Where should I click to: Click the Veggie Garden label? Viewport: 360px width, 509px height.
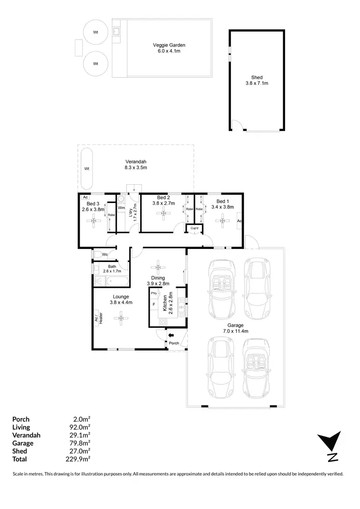tap(166, 48)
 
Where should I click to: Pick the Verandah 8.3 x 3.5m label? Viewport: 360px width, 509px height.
tap(136, 165)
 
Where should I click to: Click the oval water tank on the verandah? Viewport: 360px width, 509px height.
tap(87, 169)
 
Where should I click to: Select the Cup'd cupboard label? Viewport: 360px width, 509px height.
tap(194, 228)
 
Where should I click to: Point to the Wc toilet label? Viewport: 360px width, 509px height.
tap(104, 254)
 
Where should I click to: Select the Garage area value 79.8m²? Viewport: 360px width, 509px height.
tap(81, 443)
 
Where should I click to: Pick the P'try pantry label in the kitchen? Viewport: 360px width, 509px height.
tap(154, 293)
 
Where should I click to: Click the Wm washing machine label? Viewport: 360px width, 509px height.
tap(121, 207)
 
